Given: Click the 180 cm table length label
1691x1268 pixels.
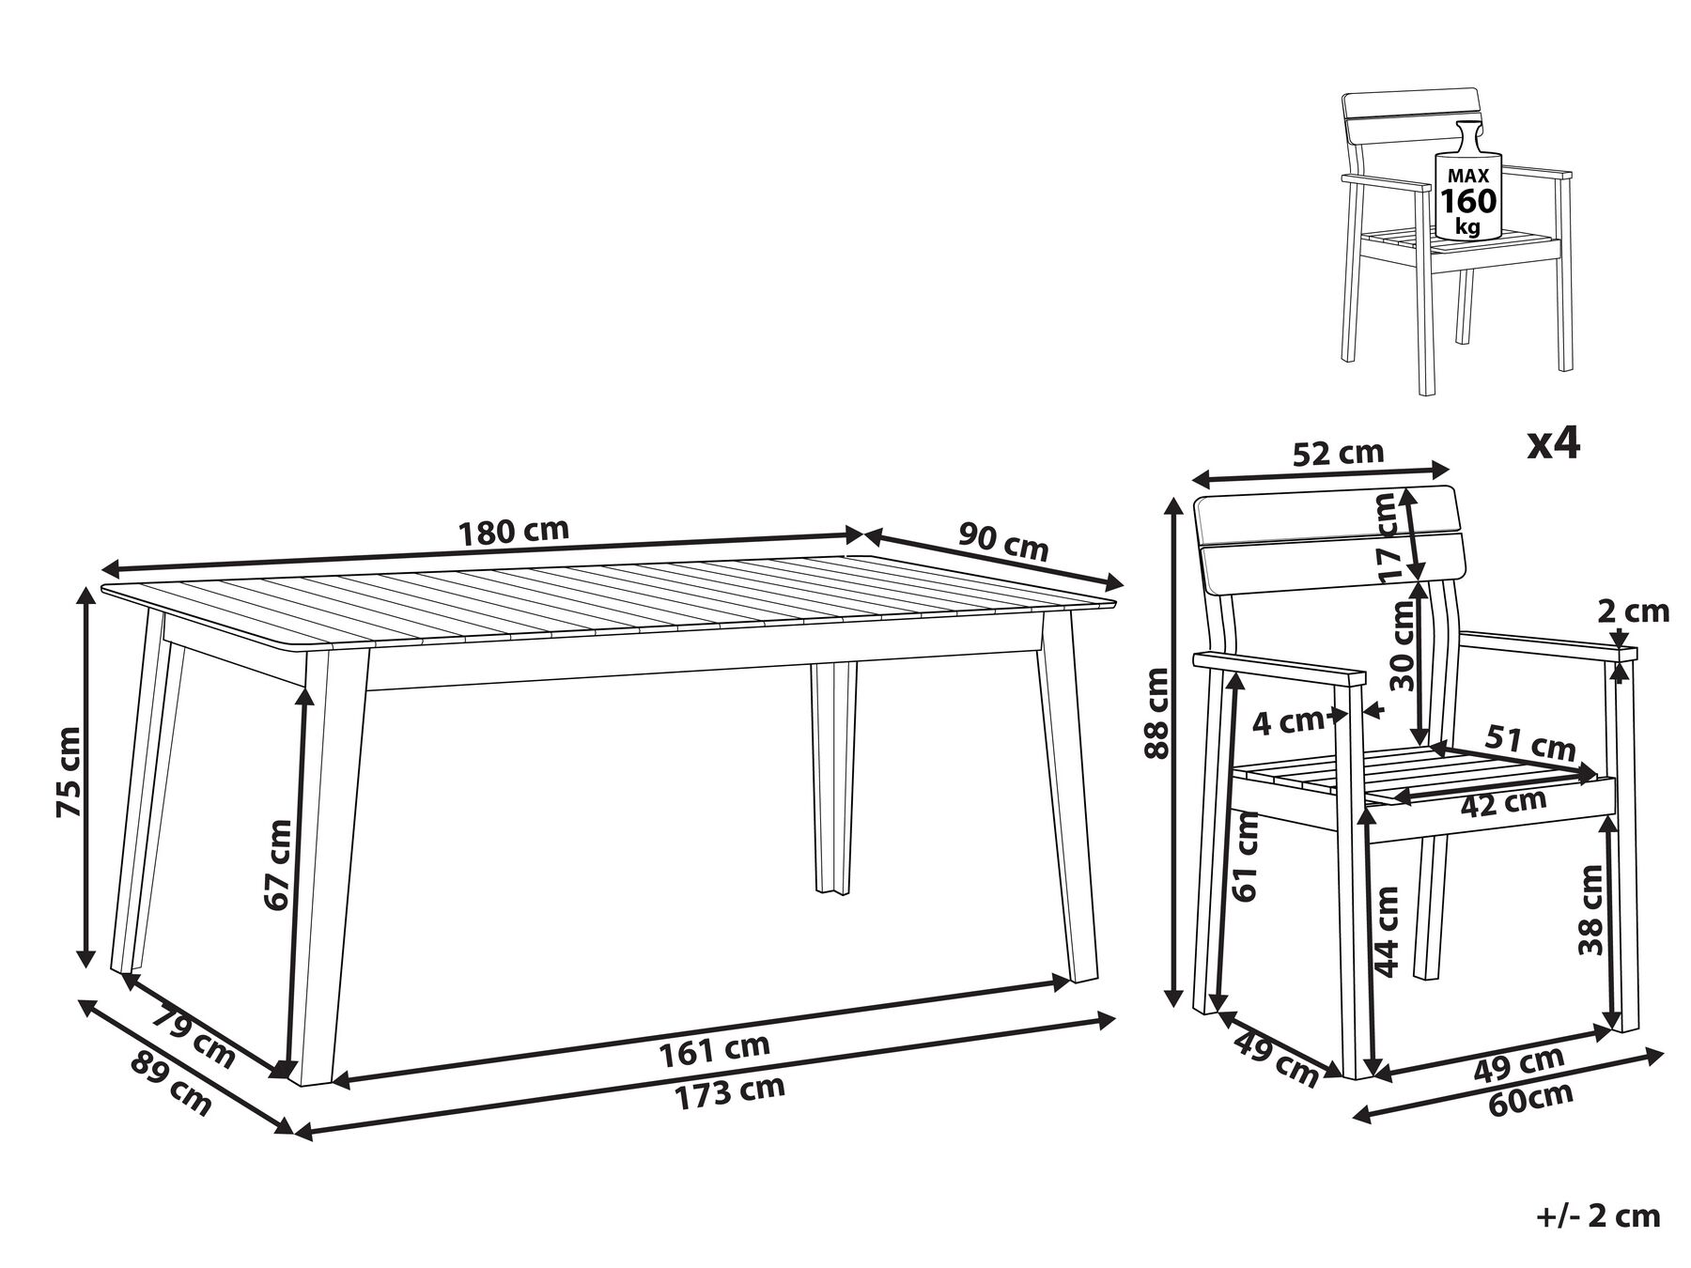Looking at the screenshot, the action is pos(514,532).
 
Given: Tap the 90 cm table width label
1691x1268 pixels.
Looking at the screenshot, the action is pos(1003,542).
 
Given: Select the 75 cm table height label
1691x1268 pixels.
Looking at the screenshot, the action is pos(70,771).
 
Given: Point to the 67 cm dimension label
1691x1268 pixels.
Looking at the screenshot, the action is pos(277,863).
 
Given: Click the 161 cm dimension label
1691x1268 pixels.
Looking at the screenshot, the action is pos(715,1048).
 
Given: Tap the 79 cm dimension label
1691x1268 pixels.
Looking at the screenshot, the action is pos(193,1036).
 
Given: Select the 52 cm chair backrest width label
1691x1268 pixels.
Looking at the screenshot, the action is pos(1339,454).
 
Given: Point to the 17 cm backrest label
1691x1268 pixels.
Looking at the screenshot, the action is pos(1388,536).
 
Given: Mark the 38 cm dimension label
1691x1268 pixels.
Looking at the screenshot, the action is pos(1590,910).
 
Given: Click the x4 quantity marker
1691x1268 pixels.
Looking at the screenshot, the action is pos(1554,443).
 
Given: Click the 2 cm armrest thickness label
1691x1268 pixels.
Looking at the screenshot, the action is pos(1634,611).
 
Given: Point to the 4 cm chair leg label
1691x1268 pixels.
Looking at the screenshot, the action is pos(1288,721).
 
